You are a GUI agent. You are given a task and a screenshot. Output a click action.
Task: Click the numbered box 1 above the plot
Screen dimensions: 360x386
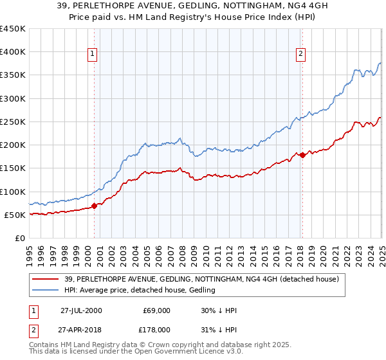click(93, 55)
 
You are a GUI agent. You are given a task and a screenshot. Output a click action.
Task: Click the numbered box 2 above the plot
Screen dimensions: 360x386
click(301, 55)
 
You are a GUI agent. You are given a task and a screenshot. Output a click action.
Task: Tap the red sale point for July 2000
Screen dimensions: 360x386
click(94, 206)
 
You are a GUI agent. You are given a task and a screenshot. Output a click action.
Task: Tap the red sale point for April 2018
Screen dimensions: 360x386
click(302, 155)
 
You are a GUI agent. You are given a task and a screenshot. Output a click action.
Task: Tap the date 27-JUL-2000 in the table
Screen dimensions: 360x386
click(81, 310)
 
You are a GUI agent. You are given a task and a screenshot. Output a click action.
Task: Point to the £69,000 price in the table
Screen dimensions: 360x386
click(156, 310)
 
